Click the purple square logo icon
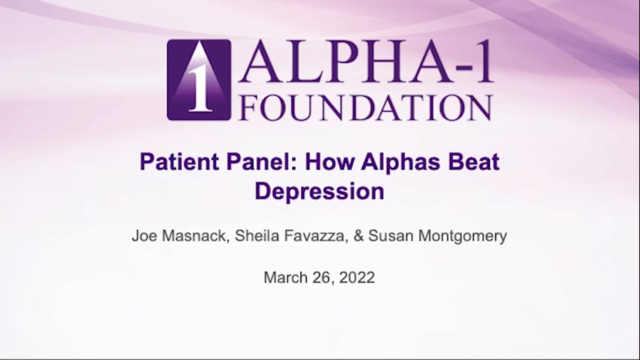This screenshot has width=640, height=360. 199,80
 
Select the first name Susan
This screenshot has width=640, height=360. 391,236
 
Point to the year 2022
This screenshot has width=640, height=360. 357,277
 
